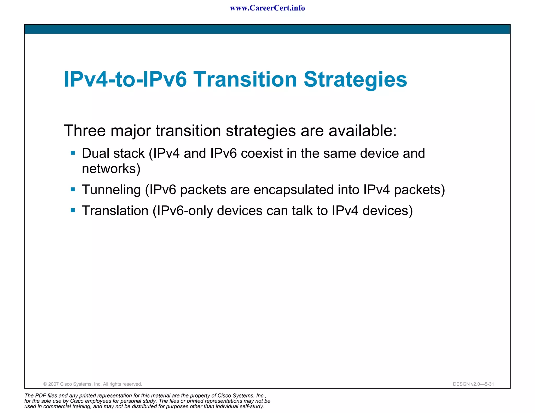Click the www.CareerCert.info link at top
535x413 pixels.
click(x=267, y=8)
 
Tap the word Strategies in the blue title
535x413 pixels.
click(x=355, y=79)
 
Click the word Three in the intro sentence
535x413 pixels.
click(x=85, y=131)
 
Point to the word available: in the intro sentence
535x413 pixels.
click(x=363, y=131)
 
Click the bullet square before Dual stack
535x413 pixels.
click(x=73, y=153)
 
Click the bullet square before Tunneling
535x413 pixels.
click(x=73, y=189)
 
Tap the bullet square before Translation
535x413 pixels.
click(x=73, y=210)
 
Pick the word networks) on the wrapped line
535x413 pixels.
click(x=111, y=169)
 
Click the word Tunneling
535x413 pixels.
click(x=112, y=190)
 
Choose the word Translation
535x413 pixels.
click(x=115, y=211)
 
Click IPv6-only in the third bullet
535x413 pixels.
click(x=185, y=211)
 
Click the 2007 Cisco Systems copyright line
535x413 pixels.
click(x=92, y=384)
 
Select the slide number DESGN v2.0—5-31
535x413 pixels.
click(x=473, y=384)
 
